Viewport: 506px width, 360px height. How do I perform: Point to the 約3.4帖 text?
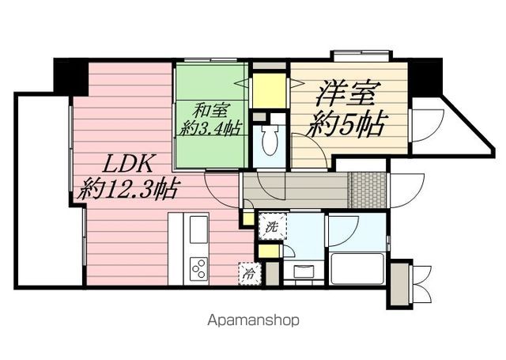209,128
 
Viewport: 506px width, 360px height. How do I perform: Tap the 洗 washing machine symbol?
272,227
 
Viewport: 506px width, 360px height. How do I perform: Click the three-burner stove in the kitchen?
197,268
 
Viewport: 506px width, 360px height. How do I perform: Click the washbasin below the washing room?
304,272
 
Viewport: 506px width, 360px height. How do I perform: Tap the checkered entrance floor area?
368,188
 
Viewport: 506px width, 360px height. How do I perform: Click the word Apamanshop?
253,320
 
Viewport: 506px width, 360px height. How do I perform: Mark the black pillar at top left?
70,76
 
